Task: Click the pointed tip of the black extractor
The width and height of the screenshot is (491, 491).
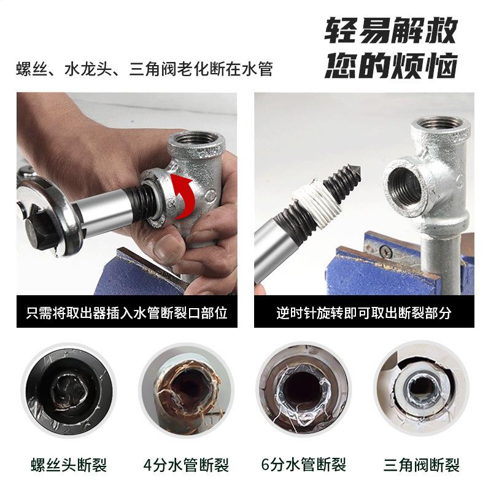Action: (360, 172)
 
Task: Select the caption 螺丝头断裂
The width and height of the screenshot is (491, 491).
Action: (69, 465)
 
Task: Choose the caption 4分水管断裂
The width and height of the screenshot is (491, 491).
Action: (187, 465)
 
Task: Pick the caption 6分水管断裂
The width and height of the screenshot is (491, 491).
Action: (304, 465)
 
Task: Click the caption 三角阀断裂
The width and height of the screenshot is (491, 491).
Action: (422, 465)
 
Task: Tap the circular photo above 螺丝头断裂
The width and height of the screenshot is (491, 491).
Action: (69, 390)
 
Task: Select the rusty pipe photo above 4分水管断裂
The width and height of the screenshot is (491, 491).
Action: (187, 390)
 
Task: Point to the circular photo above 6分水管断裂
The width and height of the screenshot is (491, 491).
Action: (304, 390)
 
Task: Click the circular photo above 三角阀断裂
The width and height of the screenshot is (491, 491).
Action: (422, 390)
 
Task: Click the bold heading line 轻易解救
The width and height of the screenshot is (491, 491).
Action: (392, 30)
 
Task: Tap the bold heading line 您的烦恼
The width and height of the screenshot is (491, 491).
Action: (392, 66)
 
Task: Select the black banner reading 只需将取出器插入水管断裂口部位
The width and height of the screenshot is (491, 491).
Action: (127, 312)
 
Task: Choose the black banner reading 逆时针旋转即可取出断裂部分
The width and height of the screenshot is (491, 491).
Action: (364, 312)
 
